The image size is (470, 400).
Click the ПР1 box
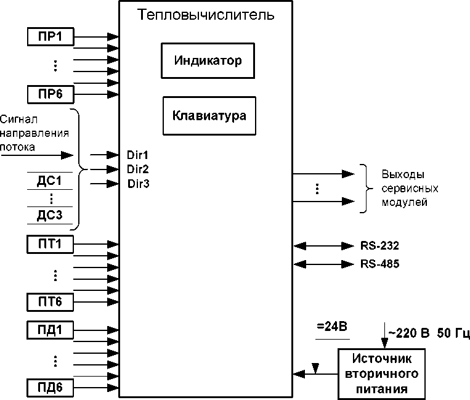click(x=51, y=36)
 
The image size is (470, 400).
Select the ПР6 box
click(x=51, y=94)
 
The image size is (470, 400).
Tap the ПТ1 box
click(x=51, y=245)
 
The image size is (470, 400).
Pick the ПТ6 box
click(x=51, y=302)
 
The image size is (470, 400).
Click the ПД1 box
click(x=51, y=330)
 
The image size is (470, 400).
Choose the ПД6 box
click(x=51, y=388)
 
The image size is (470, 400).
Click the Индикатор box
click(x=208, y=60)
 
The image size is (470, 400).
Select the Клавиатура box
click(x=209, y=115)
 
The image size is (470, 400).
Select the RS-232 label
click(x=380, y=245)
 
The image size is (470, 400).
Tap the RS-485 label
click(x=380, y=264)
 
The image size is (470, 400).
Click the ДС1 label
click(x=50, y=182)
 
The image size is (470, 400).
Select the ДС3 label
click(x=50, y=214)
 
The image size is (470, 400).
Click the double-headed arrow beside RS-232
click(x=325, y=245)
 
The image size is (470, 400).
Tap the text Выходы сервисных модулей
click(x=404, y=187)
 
